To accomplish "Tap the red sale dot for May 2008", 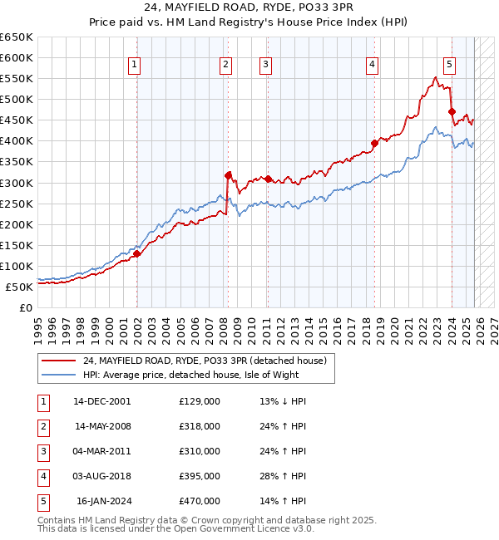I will click(x=227, y=174).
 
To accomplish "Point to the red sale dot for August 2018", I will click(x=374, y=143).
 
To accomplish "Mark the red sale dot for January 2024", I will click(x=452, y=111).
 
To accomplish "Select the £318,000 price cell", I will click(x=200, y=426).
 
